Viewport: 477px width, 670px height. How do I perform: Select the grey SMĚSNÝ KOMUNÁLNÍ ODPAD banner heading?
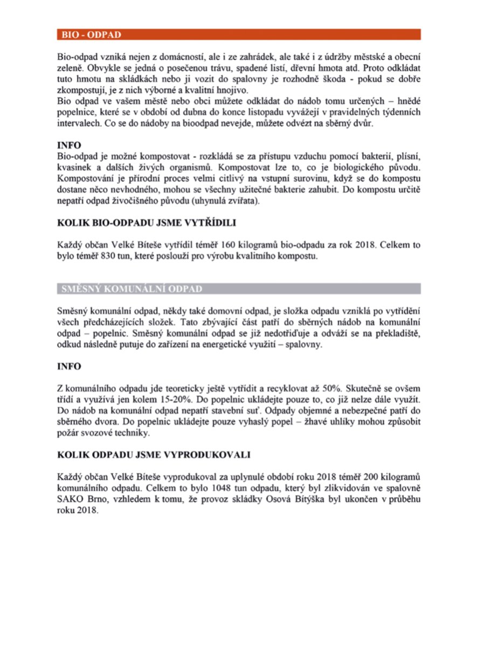(129, 289)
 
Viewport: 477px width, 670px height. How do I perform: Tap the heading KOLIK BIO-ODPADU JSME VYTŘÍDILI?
(147, 222)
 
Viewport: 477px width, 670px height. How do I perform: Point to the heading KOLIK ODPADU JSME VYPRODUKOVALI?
(154, 455)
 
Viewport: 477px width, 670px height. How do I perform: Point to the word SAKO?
(69, 499)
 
